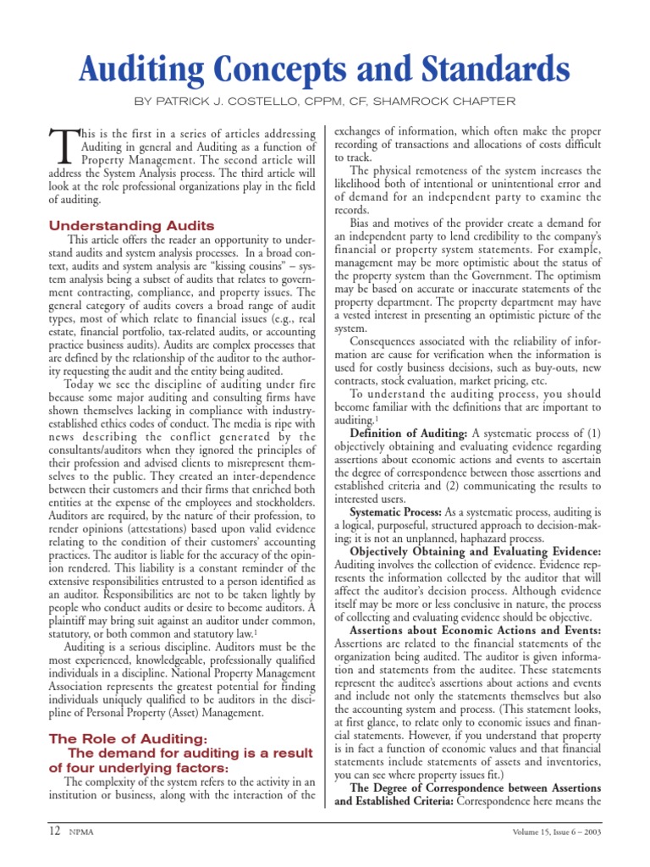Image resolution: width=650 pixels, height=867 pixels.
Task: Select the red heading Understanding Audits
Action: click(131, 225)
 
